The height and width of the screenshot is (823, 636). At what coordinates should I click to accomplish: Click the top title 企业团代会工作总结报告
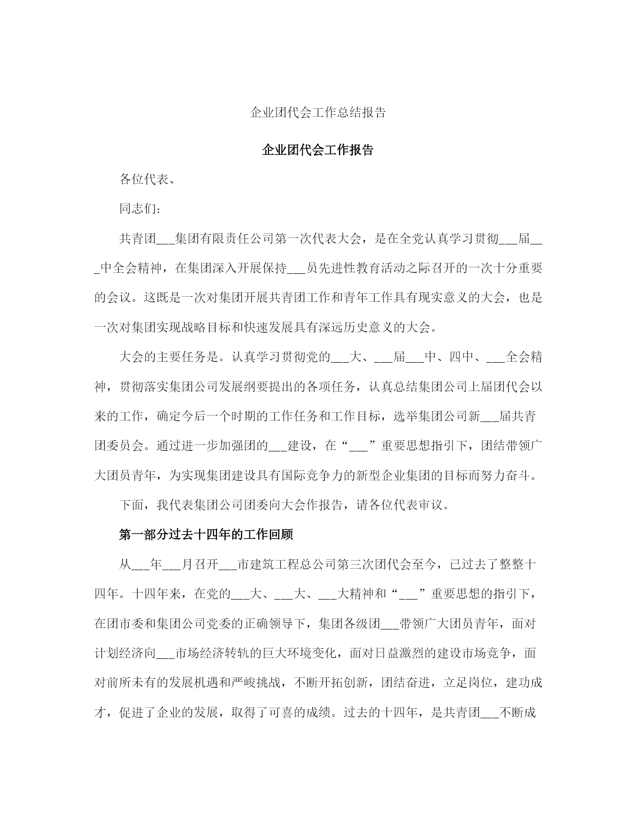click(x=318, y=113)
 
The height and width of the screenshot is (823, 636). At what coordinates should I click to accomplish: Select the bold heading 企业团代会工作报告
click(x=318, y=150)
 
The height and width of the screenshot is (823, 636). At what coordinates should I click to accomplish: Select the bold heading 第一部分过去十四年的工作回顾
click(x=206, y=535)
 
